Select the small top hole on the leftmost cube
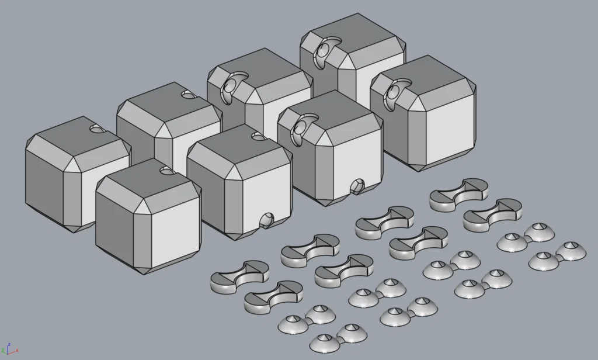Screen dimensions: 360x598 (x=96, y=128)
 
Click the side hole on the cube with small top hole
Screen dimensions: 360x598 (x=266, y=220)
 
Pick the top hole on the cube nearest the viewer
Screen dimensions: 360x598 (x=166, y=171)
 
